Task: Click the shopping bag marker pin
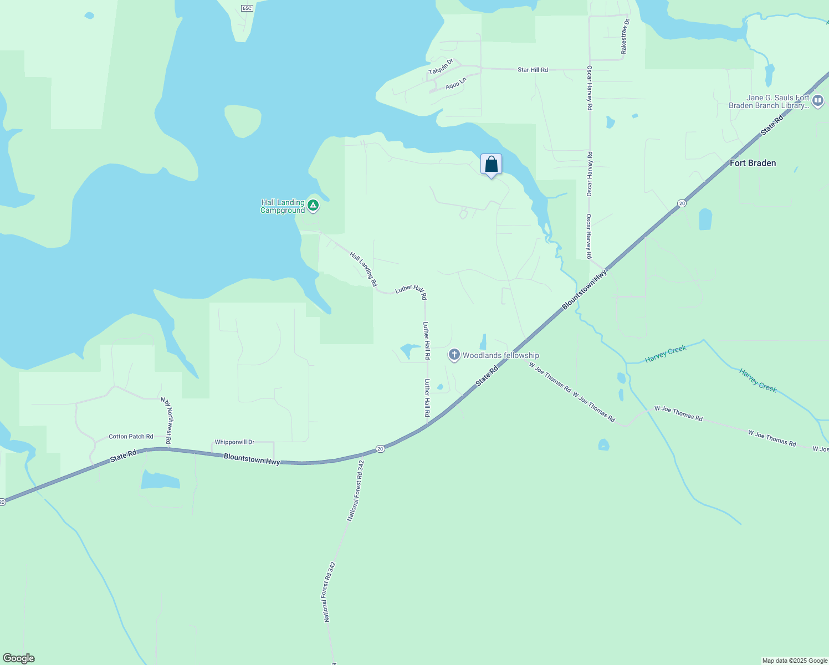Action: pos(491,165)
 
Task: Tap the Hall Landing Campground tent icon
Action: pos(313,206)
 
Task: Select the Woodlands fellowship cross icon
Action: pos(454,355)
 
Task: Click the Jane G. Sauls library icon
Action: pos(818,101)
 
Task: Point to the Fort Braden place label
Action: pos(753,163)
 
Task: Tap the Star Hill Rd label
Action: pos(533,70)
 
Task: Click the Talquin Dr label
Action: pos(441,67)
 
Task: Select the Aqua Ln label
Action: pos(456,84)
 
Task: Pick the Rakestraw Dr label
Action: pos(625,37)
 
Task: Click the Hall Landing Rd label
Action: pos(363,269)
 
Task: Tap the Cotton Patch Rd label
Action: pos(131,437)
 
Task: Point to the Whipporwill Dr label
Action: pos(234,442)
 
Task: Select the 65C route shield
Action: pos(247,8)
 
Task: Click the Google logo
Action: pos(18,658)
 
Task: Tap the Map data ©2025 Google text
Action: pos(795,661)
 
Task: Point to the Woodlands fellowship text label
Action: pos(500,355)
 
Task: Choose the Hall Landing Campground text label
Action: pos(283,206)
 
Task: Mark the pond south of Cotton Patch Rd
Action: pos(160,480)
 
